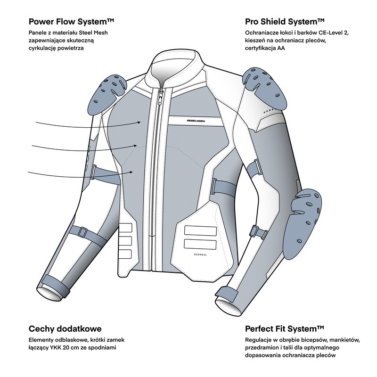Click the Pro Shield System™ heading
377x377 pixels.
(284, 22)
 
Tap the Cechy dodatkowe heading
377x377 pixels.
(65, 328)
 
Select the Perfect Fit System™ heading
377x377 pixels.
(285, 328)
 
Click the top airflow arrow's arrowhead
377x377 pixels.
(140, 122)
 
